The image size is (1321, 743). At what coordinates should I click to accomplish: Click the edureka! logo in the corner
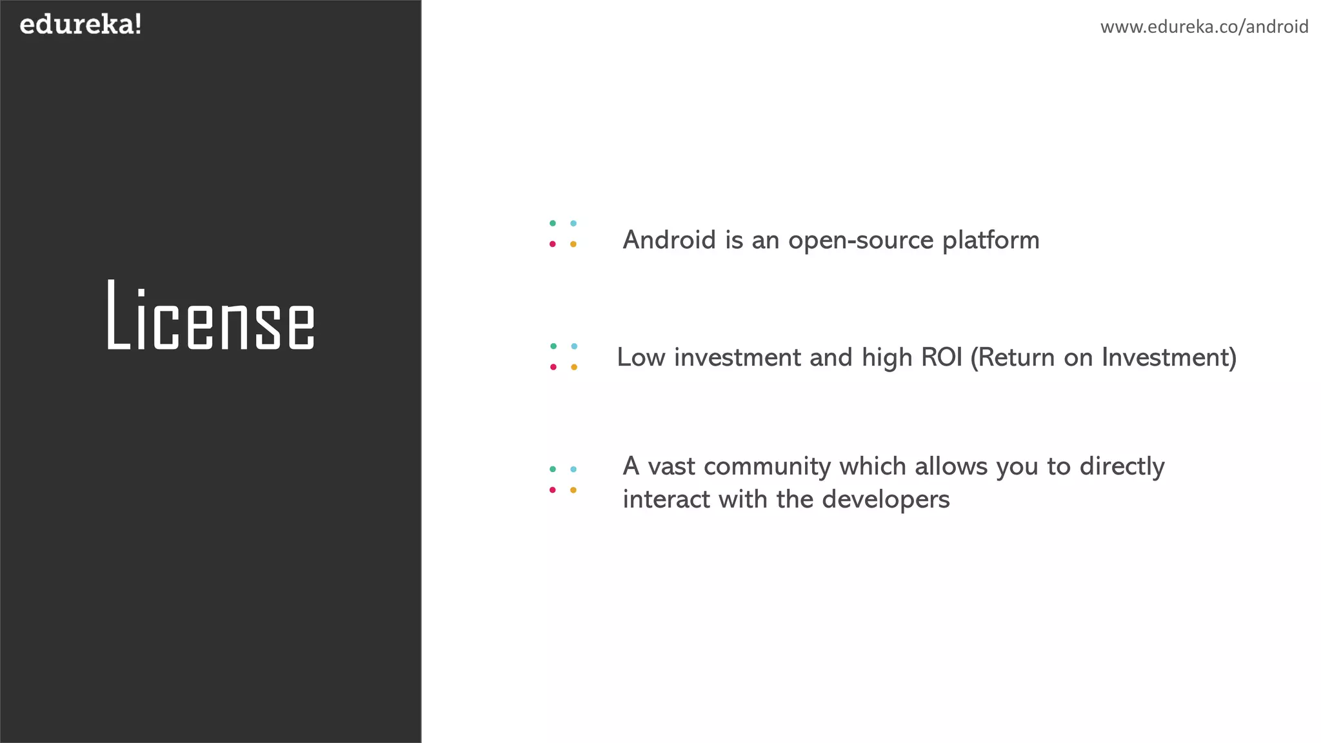click(81, 25)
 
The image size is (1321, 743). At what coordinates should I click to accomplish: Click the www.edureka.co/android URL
click(1204, 27)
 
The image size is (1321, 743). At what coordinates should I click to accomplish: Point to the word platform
click(991, 241)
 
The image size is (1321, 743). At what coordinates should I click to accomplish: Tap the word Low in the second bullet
click(641, 357)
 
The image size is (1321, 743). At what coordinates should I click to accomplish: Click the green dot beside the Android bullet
click(553, 223)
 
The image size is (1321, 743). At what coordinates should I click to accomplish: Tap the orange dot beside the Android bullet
click(573, 244)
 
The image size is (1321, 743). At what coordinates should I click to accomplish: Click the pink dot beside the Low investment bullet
click(553, 367)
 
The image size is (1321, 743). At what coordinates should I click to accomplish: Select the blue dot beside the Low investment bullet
click(574, 346)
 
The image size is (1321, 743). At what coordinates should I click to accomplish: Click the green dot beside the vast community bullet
click(553, 469)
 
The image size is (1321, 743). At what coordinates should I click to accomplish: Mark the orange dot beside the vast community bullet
click(573, 490)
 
